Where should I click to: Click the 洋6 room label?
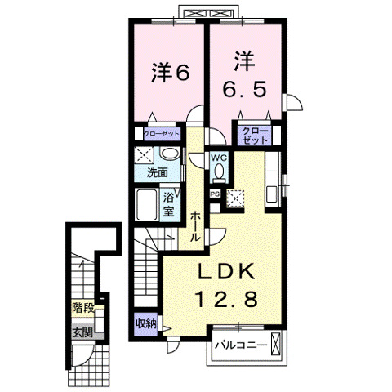pos(170,73)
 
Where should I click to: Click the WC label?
pos(219,157)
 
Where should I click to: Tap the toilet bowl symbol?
pos(219,171)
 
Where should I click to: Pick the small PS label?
pos(215,194)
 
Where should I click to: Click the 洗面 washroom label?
pos(157,173)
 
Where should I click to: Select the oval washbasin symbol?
pos(169,155)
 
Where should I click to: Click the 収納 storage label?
pos(146,323)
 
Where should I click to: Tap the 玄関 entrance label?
pos(82,332)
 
